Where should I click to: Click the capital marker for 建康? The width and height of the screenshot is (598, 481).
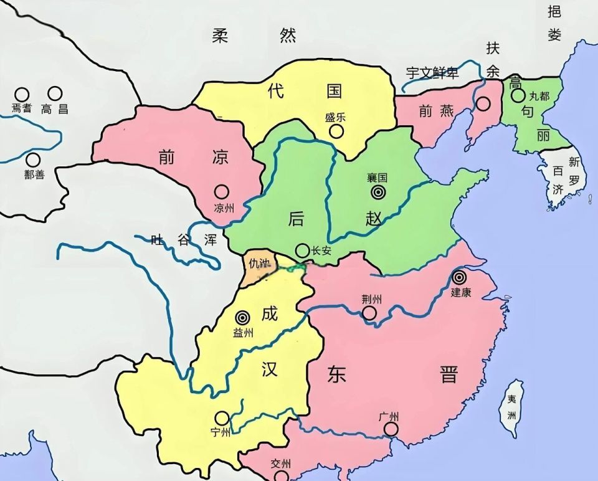460,278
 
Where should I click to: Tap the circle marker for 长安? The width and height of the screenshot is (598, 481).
302,250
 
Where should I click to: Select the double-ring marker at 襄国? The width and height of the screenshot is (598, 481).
377,193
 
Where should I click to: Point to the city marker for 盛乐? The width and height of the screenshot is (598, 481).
336,131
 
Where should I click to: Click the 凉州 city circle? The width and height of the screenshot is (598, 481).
221,192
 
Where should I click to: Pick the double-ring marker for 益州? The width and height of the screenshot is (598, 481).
242,318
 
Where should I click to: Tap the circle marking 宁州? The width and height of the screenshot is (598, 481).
222,418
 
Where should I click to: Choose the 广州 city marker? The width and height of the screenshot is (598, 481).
391,429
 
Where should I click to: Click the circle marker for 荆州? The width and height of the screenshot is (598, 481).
369,313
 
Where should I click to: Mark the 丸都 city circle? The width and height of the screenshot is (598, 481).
518,96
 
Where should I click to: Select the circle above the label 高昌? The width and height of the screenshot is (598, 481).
55,93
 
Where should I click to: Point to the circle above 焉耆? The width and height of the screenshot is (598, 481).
22,94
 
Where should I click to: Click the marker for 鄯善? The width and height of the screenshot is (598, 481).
33,160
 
